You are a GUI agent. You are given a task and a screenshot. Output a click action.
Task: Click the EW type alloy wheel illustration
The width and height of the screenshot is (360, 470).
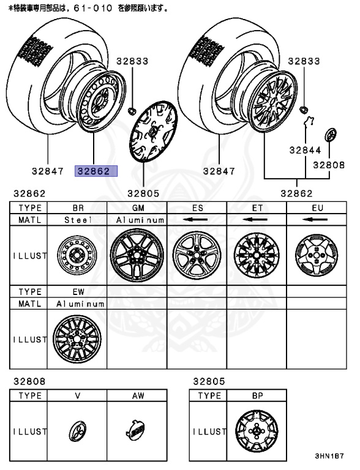click(x=77, y=338)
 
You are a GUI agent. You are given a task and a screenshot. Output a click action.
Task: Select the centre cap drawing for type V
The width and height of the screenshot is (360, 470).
click(x=77, y=431)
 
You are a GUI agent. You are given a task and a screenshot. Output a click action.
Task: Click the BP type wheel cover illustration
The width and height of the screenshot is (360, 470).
click(x=256, y=431)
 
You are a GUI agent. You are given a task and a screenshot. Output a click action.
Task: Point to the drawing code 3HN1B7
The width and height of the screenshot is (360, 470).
click(x=329, y=457)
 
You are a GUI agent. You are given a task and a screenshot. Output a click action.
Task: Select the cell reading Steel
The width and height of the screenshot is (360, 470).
click(x=77, y=219)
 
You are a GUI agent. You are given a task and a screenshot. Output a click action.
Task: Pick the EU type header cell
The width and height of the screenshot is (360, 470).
click(x=317, y=207)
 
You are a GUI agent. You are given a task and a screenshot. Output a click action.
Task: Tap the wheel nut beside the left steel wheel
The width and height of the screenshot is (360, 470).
click(x=132, y=111)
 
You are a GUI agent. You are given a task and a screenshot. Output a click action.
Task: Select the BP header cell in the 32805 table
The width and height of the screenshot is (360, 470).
click(x=257, y=396)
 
